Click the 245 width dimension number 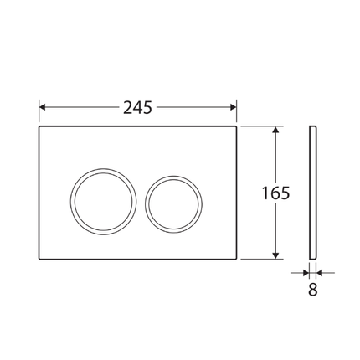[138, 107]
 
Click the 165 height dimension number [276, 193]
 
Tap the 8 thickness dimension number [313, 291]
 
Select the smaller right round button [173, 202]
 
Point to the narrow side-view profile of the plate [313, 193]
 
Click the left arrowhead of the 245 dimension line [44, 107]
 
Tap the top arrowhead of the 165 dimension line [275, 131]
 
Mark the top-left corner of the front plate [41, 128]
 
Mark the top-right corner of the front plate [236, 128]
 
